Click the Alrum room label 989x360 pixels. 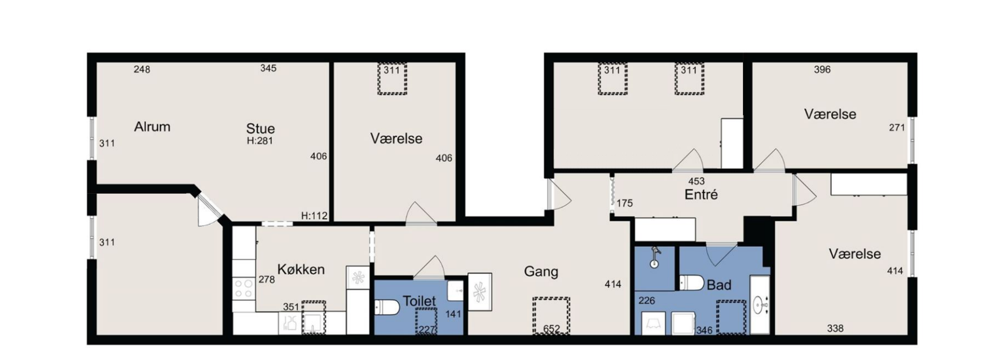(x=152, y=127)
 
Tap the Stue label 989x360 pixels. (x=260, y=128)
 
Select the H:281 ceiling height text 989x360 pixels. (x=260, y=141)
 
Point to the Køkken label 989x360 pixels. (x=301, y=270)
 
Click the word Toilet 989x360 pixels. (x=419, y=301)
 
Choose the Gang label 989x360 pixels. (x=541, y=272)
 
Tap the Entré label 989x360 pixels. (x=701, y=195)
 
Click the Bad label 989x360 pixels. (x=719, y=285)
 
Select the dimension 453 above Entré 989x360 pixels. (x=696, y=181)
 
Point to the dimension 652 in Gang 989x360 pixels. (x=551, y=329)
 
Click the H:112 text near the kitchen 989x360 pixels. (x=314, y=216)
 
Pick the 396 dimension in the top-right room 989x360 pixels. (x=822, y=70)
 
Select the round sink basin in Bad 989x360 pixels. (x=760, y=306)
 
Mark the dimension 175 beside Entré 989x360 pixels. (x=625, y=203)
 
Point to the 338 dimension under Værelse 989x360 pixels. (x=835, y=328)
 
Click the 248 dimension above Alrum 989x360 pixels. (x=142, y=70)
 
